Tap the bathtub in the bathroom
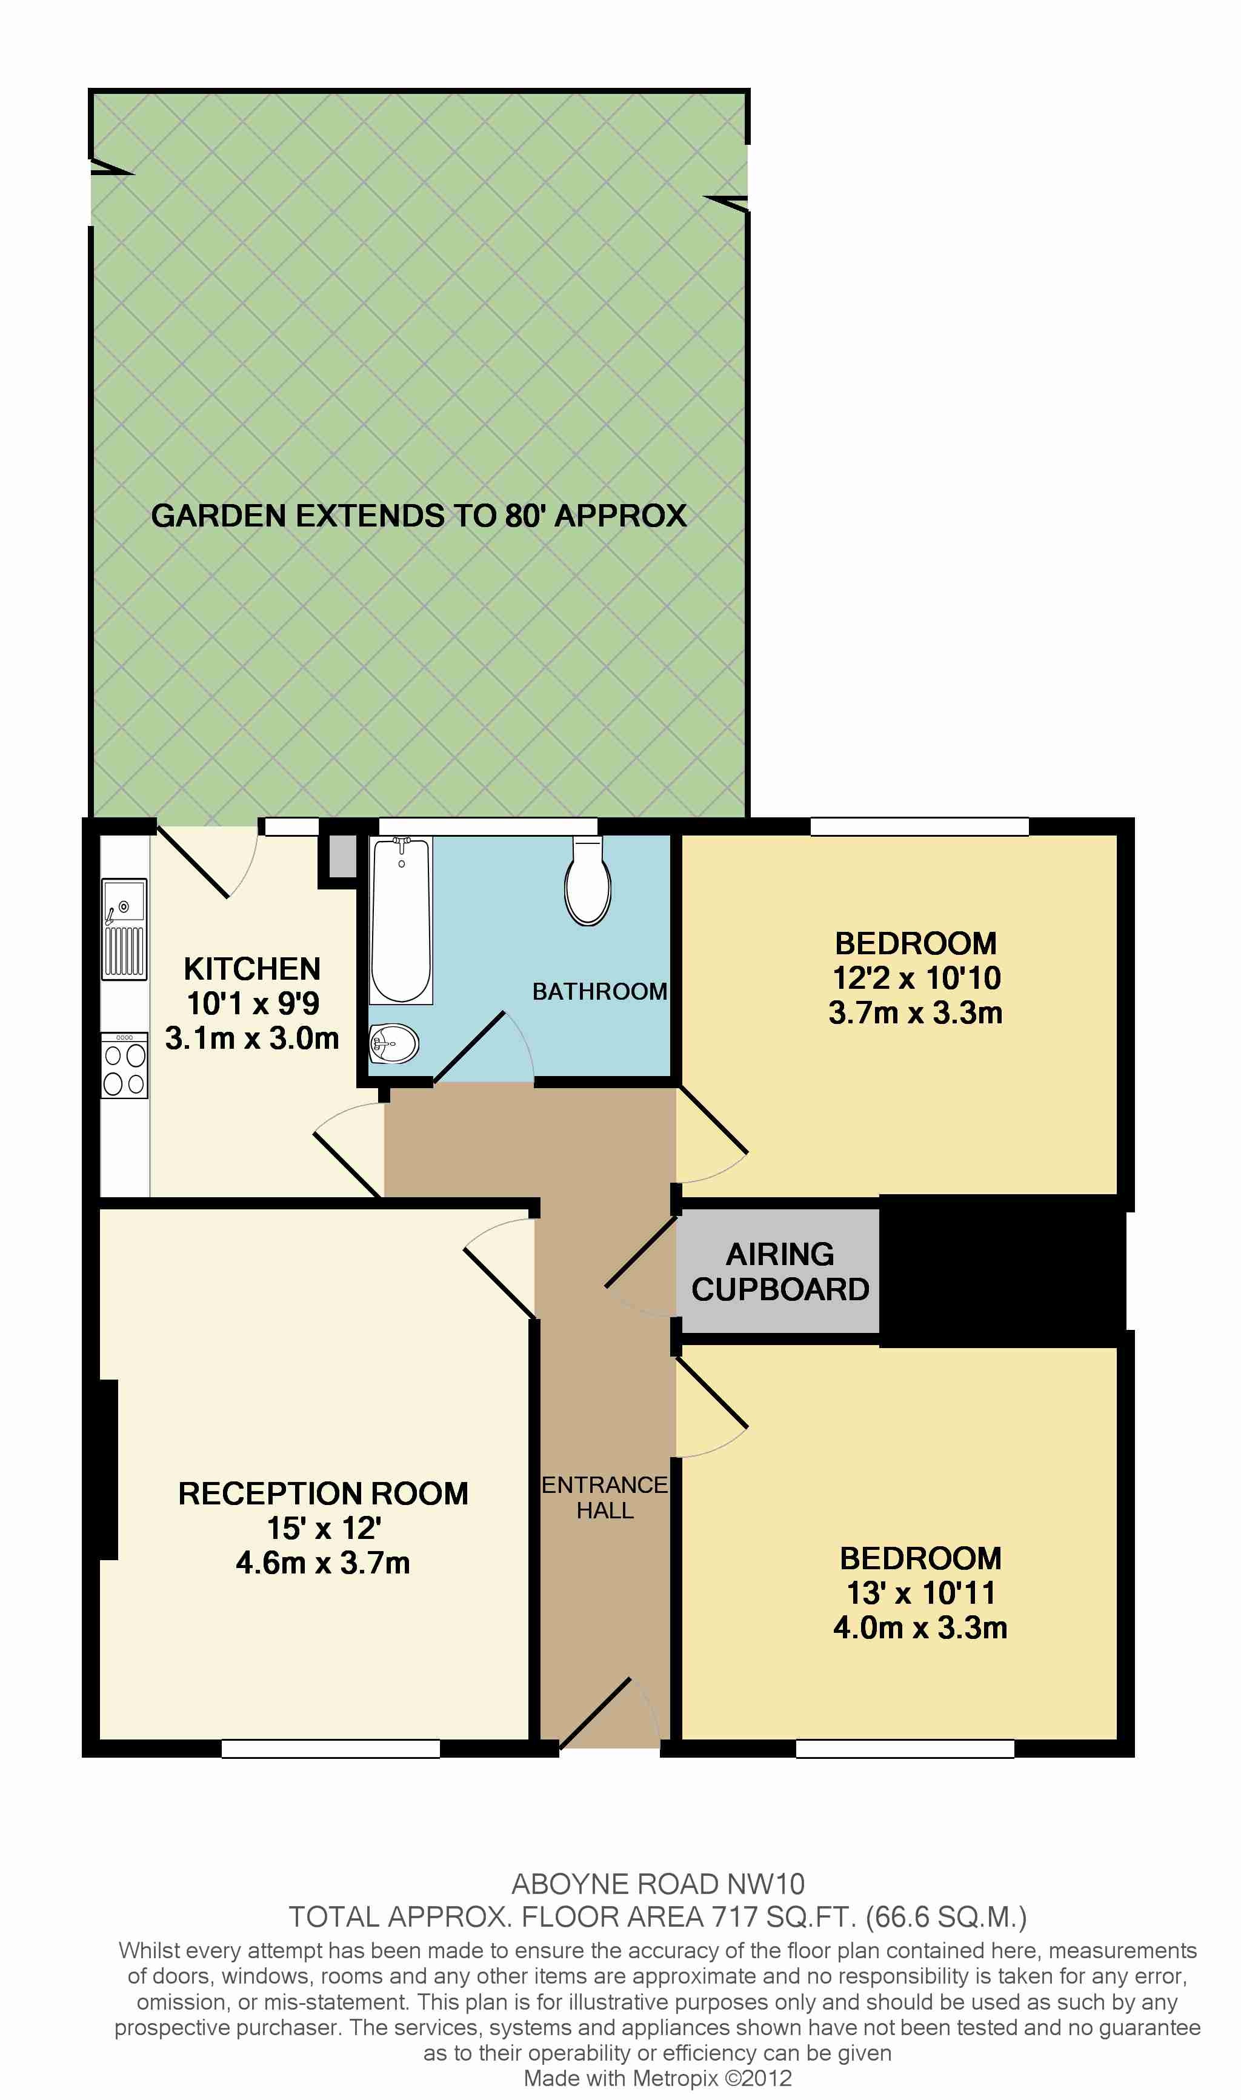pyautogui.click(x=401, y=920)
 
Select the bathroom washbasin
pyautogui.click(x=394, y=1043)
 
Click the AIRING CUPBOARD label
pyautogui.click(x=780, y=1272)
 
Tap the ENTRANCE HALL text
pyautogui.click(x=605, y=1497)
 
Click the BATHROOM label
pyautogui.click(x=599, y=991)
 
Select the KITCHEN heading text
pyautogui.click(x=251, y=969)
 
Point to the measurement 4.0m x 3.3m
pyautogui.click(x=920, y=1627)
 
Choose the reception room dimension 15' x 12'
pyautogui.click(x=324, y=1528)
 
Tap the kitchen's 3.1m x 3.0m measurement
pyautogui.click(x=251, y=1038)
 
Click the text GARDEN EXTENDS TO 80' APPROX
pyautogui.click(x=419, y=516)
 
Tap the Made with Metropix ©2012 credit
pyautogui.click(x=657, y=2078)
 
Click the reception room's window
pyautogui.click(x=330, y=1748)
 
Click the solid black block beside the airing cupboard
pyautogui.click(x=1003, y=1271)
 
